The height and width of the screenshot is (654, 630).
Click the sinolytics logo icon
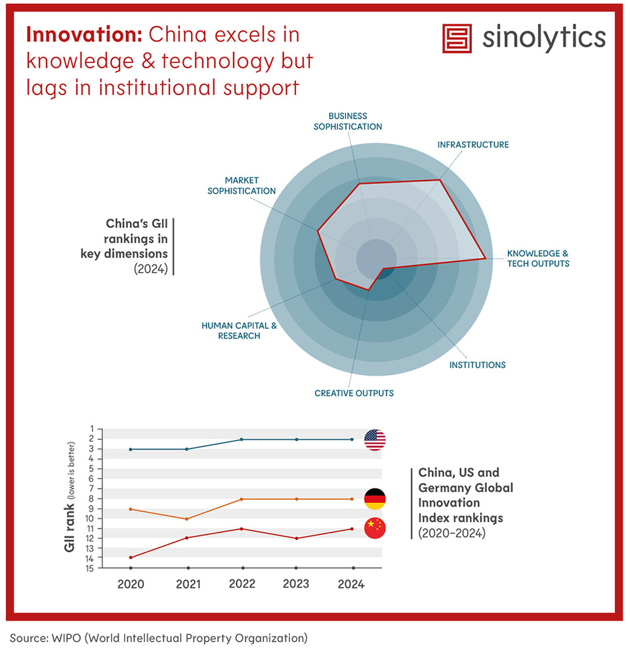point(458,39)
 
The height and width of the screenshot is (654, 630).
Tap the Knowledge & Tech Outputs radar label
point(537,258)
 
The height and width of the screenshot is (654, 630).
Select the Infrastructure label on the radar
point(472,144)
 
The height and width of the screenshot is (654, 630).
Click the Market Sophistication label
point(241,185)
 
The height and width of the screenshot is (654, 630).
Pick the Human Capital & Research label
point(230,330)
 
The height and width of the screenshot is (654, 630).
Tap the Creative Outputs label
point(354,393)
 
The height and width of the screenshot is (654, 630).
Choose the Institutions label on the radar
point(477,364)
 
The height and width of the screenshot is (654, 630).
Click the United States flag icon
point(375,439)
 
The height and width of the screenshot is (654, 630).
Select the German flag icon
point(375,499)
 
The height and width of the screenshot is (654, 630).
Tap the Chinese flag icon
point(375,529)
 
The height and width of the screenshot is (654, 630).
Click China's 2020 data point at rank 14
point(131,557)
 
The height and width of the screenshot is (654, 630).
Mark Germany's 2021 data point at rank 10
point(188,519)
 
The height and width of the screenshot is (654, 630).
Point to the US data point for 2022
point(243,439)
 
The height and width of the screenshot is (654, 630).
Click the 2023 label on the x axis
point(296,584)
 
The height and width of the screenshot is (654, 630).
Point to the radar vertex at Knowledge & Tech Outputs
point(486,259)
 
